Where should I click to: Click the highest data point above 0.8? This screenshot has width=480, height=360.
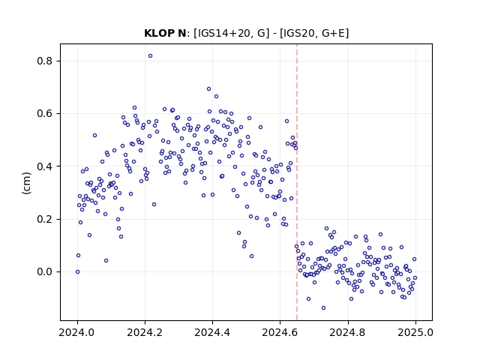(150, 56)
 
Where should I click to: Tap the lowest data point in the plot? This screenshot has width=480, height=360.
(323, 308)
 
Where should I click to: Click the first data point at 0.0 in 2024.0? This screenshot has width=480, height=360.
(78, 271)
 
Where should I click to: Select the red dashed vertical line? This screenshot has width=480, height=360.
(297, 182)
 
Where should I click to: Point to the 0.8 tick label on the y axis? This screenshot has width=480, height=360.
(44, 61)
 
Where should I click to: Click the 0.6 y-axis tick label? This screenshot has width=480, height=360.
(44, 113)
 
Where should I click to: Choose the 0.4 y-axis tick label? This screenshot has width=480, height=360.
(44, 166)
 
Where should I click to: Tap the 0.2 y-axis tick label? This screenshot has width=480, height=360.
(44, 219)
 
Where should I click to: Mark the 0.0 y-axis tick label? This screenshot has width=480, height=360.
(44, 271)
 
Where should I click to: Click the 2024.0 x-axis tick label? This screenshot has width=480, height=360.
(77, 332)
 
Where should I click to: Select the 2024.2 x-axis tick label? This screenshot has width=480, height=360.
(145, 332)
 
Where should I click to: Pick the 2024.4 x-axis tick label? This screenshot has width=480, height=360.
(212, 332)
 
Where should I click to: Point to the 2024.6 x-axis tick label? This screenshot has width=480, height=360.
(280, 332)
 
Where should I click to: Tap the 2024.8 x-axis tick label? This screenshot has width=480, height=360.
(348, 332)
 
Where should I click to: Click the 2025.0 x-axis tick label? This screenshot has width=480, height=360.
(415, 332)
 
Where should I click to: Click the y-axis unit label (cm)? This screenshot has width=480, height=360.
(27, 183)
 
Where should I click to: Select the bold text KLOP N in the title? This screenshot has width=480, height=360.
(165, 33)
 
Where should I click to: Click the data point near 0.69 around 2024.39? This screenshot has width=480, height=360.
(208, 89)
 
